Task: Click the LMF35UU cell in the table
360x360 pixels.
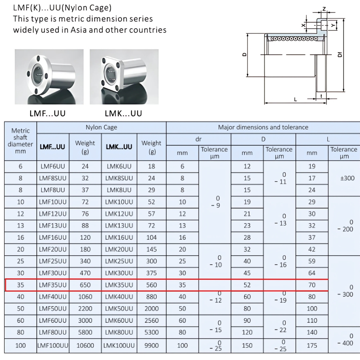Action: click(53, 285)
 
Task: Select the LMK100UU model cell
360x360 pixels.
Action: click(119, 345)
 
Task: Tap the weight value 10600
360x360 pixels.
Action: click(85, 345)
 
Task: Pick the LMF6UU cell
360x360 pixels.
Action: click(53, 166)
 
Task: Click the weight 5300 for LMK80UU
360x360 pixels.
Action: click(151, 332)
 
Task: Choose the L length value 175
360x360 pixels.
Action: click(312, 345)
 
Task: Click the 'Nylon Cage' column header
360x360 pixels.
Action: click(101, 127)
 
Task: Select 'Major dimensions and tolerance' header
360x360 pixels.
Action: click(263, 127)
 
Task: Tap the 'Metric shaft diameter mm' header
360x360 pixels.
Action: click(21, 141)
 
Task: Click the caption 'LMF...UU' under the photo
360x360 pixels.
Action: click(48, 114)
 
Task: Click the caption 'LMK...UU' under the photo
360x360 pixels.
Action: click(123, 114)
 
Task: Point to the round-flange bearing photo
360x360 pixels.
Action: click(49, 77)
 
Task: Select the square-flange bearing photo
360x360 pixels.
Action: click(124, 77)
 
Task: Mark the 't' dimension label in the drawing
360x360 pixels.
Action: click(320, 96)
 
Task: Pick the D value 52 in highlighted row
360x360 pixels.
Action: click(247, 285)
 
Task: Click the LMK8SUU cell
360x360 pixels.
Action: click(119, 178)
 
